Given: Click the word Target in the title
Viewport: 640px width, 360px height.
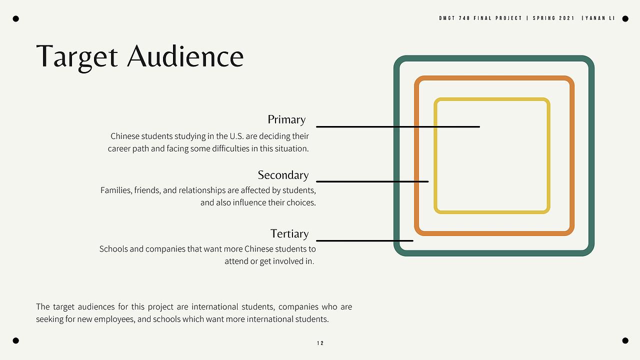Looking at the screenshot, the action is [77, 57].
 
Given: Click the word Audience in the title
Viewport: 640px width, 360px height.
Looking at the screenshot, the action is [185, 56].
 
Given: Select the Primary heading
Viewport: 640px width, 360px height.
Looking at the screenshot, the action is [286, 119].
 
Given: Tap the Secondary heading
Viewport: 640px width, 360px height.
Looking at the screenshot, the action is [283, 175].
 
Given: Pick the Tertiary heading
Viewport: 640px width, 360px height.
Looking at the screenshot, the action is [289, 233].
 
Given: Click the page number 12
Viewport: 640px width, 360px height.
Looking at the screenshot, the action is [320, 343].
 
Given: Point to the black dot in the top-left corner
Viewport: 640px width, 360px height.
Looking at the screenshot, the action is [16, 19].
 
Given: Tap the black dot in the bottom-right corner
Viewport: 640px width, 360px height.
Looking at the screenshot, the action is [625, 340].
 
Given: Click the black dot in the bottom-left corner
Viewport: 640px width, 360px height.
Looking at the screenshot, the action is [16, 340].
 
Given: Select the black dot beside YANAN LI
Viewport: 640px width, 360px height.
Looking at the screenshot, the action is [625, 19].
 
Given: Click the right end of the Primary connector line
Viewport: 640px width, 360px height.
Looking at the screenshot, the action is [479, 126].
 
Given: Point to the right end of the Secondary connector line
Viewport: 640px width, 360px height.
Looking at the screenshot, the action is [428, 181].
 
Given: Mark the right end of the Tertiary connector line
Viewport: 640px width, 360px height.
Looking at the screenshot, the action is [413, 241].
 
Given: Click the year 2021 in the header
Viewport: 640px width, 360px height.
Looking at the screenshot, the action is [566, 18].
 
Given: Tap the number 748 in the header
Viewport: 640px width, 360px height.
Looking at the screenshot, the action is [464, 18].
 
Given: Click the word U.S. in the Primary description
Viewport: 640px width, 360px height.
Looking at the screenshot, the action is [236, 136].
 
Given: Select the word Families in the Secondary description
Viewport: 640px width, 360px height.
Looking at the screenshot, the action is [116, 190].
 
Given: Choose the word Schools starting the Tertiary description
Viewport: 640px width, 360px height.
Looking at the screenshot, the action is [113, 249].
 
